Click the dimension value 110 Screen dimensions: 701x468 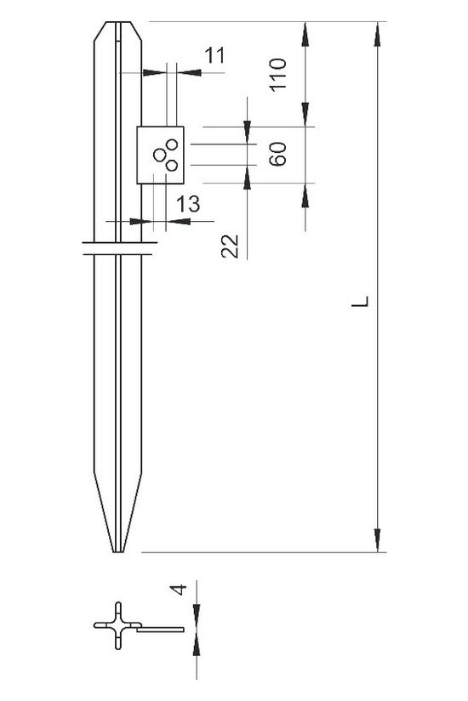(283, 74)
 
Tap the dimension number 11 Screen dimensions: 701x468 (213, 56)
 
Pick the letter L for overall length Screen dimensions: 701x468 (362, 302)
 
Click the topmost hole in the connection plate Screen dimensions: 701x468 (172, 142)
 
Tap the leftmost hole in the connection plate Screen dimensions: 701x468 (159, 154)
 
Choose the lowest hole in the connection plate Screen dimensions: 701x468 (171, 164)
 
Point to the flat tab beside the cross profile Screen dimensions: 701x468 (160, 630)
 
